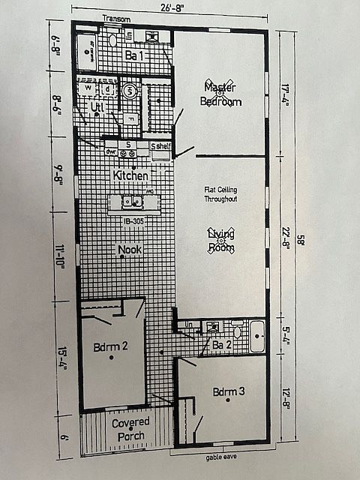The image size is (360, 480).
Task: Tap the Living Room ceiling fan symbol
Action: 220,241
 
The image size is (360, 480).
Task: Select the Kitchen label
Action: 130,175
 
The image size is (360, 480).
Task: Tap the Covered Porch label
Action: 130,429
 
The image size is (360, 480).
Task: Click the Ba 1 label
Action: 135,55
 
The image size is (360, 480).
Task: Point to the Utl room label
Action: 97,107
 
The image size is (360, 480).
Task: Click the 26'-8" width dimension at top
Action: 169,8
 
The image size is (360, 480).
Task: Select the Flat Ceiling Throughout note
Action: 220,194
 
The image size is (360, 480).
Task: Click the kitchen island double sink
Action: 133,201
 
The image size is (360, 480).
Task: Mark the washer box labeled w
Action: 89,88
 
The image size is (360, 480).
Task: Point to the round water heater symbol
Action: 129,91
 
